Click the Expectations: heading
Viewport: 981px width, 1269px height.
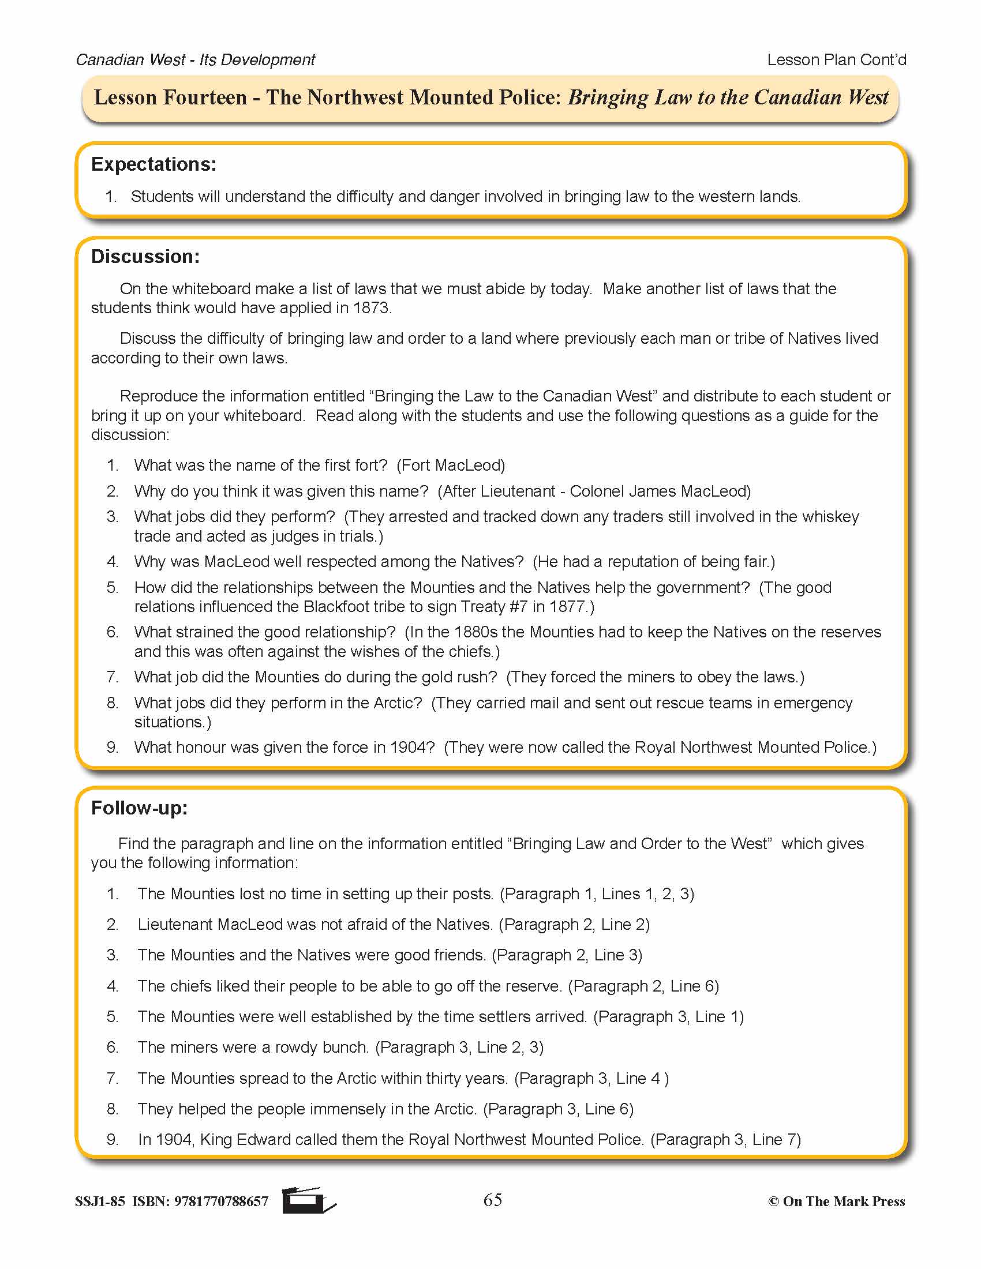pos(153,164)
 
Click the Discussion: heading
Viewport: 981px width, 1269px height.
pos(145,257)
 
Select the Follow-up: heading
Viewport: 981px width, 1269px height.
pos(140,808)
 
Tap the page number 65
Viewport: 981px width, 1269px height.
pos(492,1200)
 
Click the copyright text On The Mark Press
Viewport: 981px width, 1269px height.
pos(843,1202)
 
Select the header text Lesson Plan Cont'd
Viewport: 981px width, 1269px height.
pos(836,60)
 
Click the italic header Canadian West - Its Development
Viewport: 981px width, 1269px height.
pos(195,60)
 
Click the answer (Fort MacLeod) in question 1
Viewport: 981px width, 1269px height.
pos(451,465)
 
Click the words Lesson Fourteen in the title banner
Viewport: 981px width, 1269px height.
pos(170,97)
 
